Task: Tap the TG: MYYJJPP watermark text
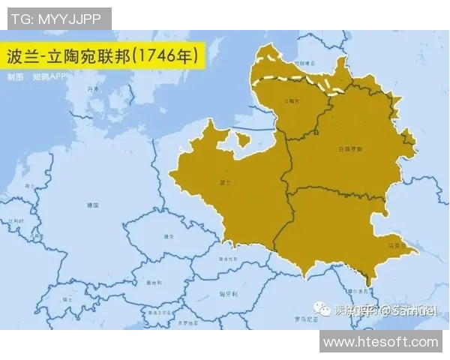tap(56, 18)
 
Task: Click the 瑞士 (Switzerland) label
tap(67, 299)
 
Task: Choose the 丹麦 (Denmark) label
tap(93, 89)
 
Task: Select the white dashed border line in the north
tap(300, 79)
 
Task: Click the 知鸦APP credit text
tap(45, 76)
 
